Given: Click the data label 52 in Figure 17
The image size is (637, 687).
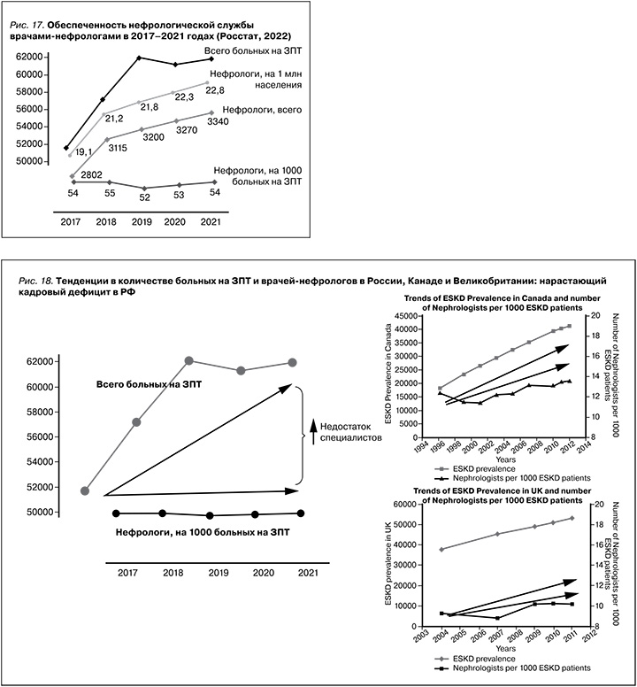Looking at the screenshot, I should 146,197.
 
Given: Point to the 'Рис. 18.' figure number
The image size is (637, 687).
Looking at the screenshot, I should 40,281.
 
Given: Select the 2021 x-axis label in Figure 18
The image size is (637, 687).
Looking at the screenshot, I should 307,574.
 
